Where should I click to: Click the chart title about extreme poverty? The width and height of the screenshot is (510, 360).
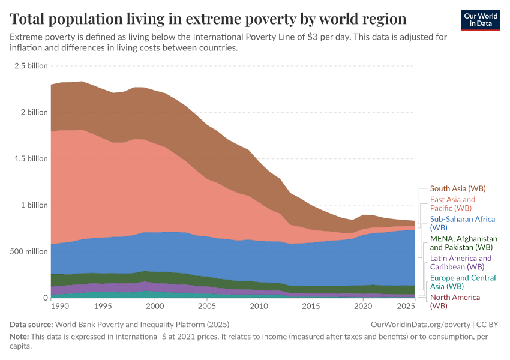pos(208,18)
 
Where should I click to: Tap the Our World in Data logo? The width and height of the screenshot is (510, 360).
pos(481,20)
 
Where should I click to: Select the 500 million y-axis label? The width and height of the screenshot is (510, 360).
pos(28,251)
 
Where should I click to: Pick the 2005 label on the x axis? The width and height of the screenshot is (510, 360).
pos(207,306)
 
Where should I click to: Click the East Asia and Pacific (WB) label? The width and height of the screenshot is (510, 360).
pos(453,203)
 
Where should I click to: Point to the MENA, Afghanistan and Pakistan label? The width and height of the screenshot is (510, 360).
pos(464,242)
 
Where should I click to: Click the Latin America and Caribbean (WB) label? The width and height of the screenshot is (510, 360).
pos(461,262)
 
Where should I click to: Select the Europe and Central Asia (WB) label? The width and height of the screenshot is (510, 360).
pos(463,282)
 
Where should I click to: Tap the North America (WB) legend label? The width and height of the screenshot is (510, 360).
pos(455,301)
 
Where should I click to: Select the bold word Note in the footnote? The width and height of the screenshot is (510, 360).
pos(20,337)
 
